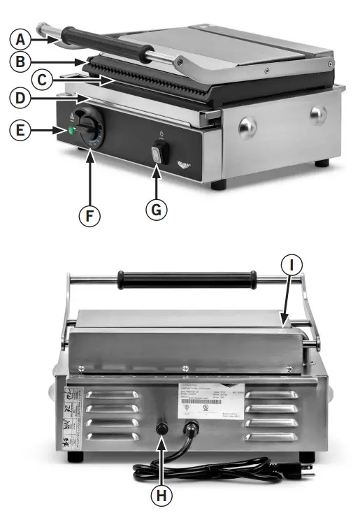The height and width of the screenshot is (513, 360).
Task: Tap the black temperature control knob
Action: coord(89,129)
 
